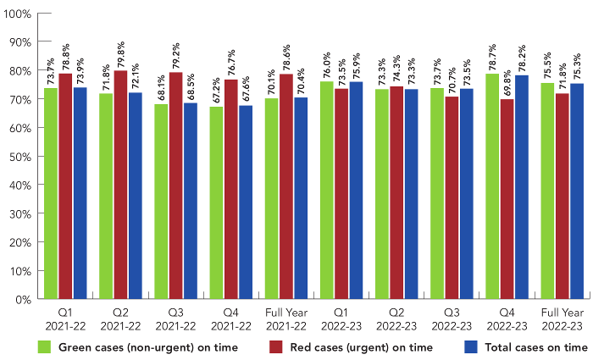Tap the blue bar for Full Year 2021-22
click(x=301, y=198)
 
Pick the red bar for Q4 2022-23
click(x=507, y=199)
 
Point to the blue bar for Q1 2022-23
click(x=356, y=190)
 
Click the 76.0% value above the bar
click(x=327, y=65)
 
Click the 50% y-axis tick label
click(x=20, y=157)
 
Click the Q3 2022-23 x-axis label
click(x=452, y=319)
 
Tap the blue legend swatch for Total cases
click(x=473, y=347)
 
